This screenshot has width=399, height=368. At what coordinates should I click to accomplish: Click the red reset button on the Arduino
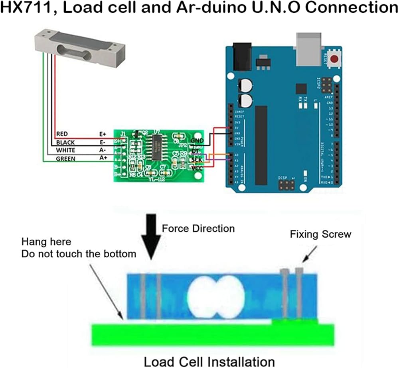[x=336, y=60]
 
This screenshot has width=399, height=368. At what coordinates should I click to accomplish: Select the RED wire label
[x=63, y=134]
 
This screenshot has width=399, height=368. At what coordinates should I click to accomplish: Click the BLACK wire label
[x=65, y=142]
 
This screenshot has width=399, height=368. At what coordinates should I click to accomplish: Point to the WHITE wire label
[x=65, y=151]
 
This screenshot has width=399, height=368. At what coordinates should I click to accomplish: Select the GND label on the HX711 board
[x=198, y=141]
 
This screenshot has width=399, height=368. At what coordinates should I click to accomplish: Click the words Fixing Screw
[x=320, y=234]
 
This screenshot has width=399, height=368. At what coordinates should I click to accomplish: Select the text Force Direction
[x=198, y=229]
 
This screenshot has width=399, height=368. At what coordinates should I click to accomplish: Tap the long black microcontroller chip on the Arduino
[x=261, y=145]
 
